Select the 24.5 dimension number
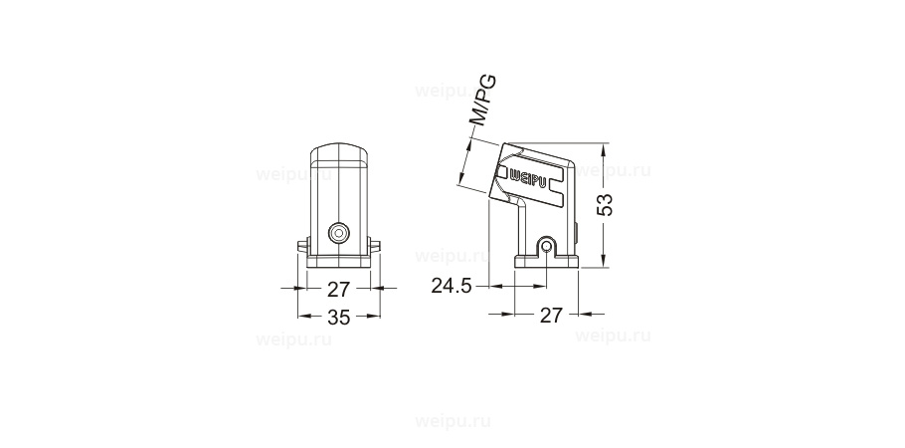[451, 286]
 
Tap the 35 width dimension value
[339, 318]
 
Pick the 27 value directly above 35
[339, 289]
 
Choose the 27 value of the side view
[551, 315]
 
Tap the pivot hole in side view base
[544, 245]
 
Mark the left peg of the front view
[302, 244]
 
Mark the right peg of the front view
[376, 244]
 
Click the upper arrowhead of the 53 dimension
[606, 148]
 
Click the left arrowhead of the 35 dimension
[302, 318]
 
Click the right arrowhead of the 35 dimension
[376, 318]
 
